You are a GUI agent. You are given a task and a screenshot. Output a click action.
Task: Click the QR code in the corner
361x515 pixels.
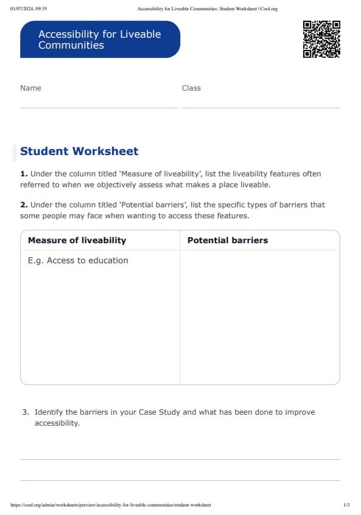pyautogui.click(x=321, y=39)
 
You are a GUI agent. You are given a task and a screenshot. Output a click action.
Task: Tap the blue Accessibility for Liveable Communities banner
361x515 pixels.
pyautogui.click(x=100, y=40)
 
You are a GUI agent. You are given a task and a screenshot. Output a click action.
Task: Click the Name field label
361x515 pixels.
pyautogui.click(x=30, y=88)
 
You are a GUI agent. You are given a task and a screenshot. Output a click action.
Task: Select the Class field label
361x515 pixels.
pyautogui.click(x=191, y=88)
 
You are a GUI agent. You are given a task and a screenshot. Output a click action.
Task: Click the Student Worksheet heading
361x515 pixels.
pyautogui.click(x=79, y=151)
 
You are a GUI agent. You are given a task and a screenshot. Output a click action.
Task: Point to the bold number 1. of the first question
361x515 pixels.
pyautogui.click(x=24, y=174)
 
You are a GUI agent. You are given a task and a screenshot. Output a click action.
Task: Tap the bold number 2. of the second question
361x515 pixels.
pyautogui.click(x=24, y=205)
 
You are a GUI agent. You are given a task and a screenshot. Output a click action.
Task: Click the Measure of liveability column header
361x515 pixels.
pyautogui.click(x=77, y=240)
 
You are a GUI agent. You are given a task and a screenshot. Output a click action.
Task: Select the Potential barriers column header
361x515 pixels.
pyautogui.click(x=228, y=240)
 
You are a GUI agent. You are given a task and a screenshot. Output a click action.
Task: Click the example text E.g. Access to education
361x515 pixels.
pyautogui.click(x=78, y=260)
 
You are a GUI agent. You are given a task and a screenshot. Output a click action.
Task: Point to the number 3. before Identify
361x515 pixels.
pyautogui.click(x=26, y=412)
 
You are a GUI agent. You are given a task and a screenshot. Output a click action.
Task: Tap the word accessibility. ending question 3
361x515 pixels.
pyautogui.click(x=57, y=423)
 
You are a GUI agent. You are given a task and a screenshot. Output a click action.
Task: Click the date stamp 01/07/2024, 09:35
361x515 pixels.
pyautogui.click(x=29, y=9)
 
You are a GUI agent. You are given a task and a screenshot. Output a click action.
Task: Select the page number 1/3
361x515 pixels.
pyautogui.click(x=346, y=505)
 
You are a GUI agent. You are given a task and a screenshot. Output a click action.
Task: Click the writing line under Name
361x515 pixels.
pyautogui.click(x=99, y=108)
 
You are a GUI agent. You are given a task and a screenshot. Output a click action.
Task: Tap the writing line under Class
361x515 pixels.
pyautogui.click(x=261, y=108)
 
